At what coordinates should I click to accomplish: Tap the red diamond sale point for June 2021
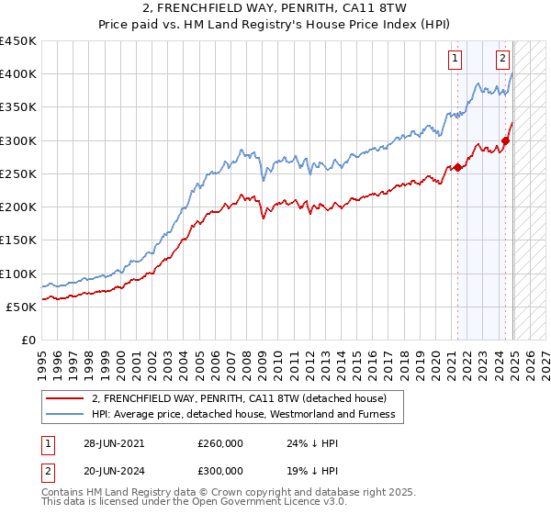coord(457,167)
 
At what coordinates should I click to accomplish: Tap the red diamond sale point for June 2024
coord(505,140)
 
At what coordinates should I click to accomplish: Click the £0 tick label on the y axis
coord(28,341)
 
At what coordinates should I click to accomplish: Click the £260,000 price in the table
coord(220,443)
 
